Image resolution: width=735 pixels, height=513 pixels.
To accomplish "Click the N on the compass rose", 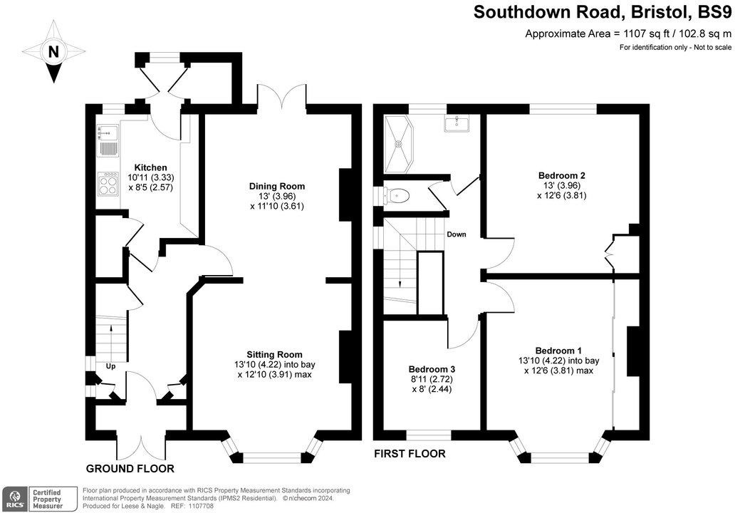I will click(x=53, y=51).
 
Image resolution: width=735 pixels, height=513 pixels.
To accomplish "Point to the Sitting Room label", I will click(x=274, y=354).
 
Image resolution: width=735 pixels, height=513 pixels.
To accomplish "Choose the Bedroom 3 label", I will click(x=432, y=369).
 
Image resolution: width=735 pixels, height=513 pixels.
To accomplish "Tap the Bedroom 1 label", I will click(x=558, y=351).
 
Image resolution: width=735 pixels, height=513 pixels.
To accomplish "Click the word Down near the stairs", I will click(x=457, y=234).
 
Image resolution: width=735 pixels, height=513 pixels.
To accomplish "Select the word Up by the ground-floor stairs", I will click(x=110, y=366).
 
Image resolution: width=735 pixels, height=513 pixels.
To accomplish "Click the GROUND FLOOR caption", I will click(x=130, y=468).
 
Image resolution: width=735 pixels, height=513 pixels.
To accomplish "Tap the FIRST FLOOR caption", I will click(x=410, y=454).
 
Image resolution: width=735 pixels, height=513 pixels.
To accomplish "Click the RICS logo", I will click(x=14, y=497).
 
